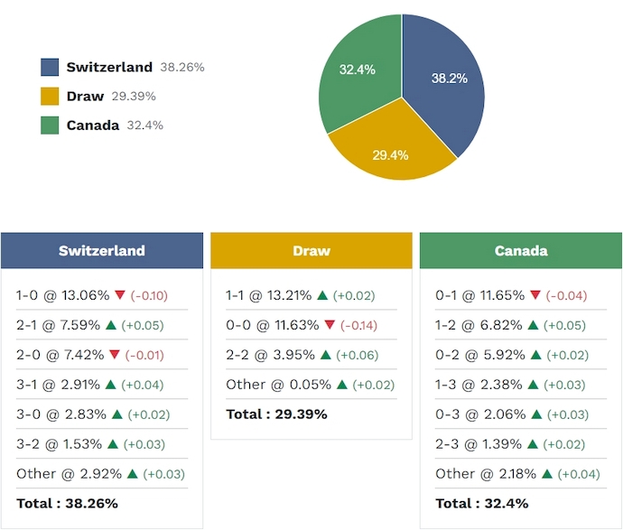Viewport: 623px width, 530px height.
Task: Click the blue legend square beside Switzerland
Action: [50, 67]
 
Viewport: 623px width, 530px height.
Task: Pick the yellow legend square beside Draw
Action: [50, 96]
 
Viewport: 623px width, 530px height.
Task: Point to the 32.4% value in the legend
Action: [145, 126]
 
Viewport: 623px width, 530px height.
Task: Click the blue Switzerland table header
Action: [102, 251]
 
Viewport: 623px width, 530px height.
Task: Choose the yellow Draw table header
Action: [311, 251]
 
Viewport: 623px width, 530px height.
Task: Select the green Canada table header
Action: [521, 251]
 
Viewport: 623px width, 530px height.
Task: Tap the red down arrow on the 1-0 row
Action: [120, 295]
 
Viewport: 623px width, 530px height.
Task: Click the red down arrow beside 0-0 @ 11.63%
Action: [330, 325]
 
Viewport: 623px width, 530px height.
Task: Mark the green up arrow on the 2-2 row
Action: [326, 355]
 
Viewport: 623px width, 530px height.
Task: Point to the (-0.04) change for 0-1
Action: [567, 295]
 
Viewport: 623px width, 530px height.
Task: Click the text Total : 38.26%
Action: [67, 504]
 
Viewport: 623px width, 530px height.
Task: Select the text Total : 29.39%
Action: [276, 414]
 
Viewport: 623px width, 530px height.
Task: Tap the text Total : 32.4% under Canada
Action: [482, 504]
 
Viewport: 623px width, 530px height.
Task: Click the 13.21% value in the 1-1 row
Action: [289, 295]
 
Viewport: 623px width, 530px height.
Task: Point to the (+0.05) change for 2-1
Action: [143, 325]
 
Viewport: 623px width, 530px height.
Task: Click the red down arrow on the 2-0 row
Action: [115, 355]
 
